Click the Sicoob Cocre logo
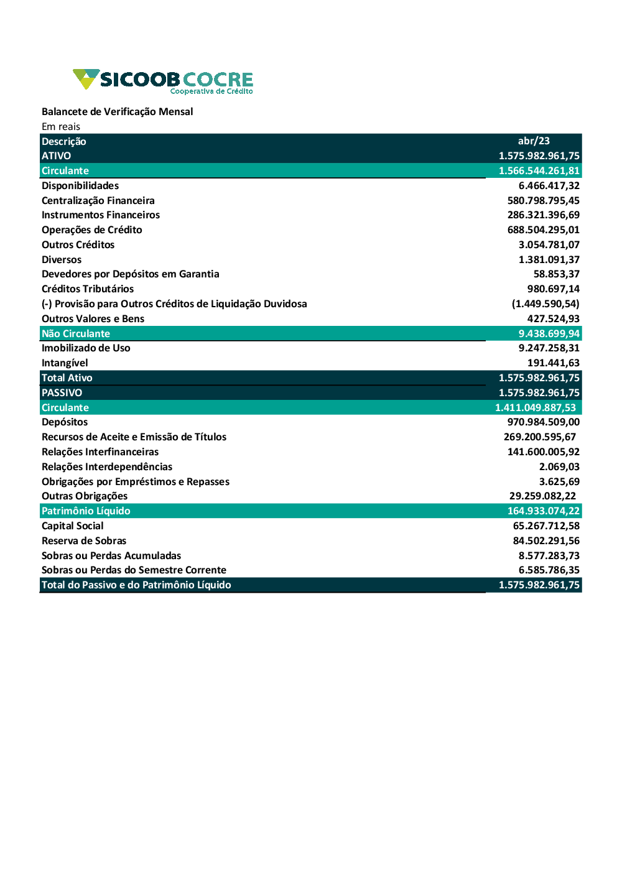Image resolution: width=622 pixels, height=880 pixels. tap(163, 81)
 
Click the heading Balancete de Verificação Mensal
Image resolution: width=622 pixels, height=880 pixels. tap(117, 112)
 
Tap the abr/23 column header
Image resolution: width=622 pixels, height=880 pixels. tap(534, 141)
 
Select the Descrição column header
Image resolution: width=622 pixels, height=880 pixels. tap(64, 142)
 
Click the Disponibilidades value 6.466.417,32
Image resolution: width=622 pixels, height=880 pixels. tap(549, 186)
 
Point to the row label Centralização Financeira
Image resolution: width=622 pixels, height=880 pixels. tap(98, 201)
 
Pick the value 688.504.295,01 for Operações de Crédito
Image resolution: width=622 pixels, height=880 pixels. tap(543, 230)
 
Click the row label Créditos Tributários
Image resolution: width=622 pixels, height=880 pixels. tap(88, 289)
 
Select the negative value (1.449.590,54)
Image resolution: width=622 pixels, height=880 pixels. tap(545, 304)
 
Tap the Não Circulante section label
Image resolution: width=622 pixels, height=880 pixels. tap(76, 334)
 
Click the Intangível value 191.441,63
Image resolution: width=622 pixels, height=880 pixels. tap(553, 363)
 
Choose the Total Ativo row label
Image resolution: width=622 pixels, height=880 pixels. tap(67, 378)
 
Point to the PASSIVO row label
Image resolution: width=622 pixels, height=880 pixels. tap(62, 393)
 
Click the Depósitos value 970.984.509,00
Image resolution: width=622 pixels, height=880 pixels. tap(543, 422)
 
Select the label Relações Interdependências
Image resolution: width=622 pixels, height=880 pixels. tap(107, 467)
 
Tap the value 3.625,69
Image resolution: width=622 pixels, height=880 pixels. tap(559, 482)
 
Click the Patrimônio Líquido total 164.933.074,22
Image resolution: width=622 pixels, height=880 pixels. tap(543, 511)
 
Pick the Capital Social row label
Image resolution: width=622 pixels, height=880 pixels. tap(73, 526)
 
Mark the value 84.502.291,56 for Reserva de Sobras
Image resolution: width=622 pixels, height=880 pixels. tap(546, 541)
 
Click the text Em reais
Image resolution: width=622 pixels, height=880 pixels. tap(61, 127)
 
